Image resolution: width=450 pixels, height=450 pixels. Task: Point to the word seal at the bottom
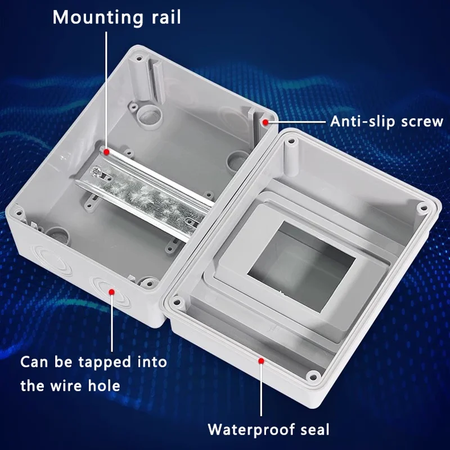point(314,430)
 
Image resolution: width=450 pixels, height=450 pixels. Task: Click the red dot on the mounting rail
point(106,151)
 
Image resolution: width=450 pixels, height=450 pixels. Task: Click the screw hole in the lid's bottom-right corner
point(313,373)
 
